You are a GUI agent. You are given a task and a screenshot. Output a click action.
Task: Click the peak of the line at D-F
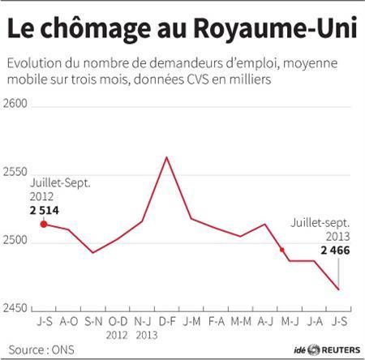[x=166, y=157]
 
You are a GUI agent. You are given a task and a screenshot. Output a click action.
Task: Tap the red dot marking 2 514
[x=44, y=223]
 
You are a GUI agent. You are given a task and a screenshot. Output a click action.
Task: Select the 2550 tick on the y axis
[x=17, y=173]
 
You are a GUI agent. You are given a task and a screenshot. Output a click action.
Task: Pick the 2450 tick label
[x=17, y=309]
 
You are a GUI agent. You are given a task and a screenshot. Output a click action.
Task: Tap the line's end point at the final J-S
[x=338, y=289]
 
